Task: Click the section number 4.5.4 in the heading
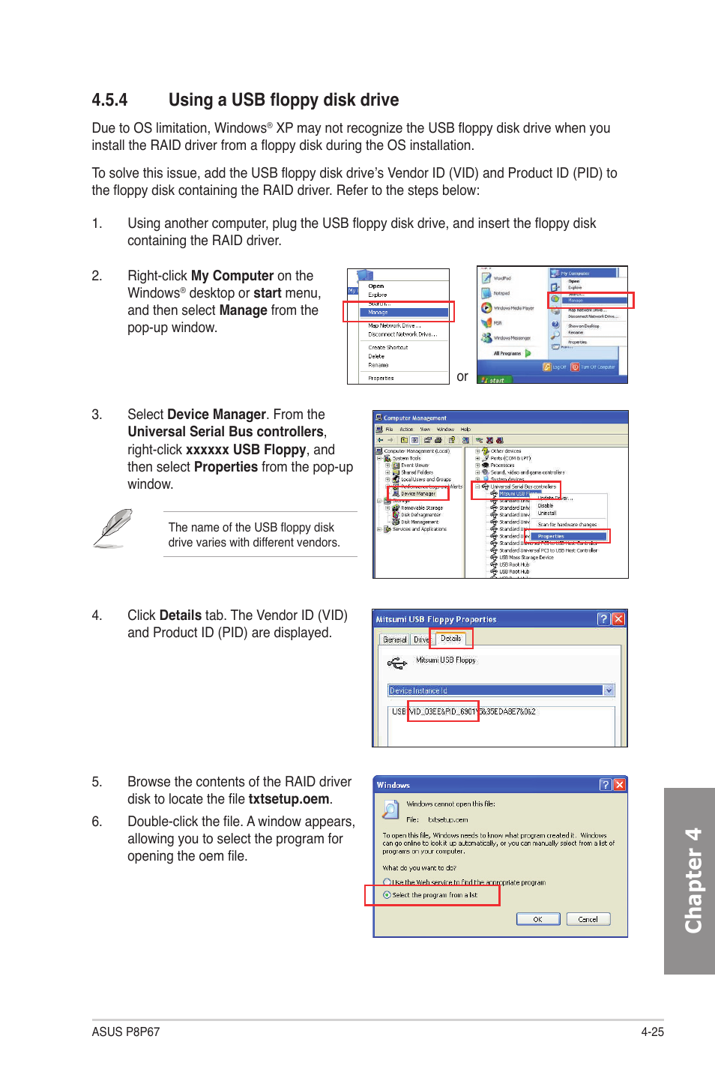(109, 100)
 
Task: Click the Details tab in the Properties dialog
(450, 639)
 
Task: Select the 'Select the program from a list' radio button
(387, 895)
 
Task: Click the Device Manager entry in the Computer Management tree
(417, 493)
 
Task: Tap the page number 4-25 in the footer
(652, 1032)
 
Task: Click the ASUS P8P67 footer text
(125, 1032)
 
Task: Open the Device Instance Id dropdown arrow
(609, 690)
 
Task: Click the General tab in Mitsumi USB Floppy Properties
(394, 639)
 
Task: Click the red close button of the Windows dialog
(619, 784)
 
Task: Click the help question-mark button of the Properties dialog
(603, 619)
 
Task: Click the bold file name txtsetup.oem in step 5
(289, 799)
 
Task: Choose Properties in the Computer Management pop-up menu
(551, 536)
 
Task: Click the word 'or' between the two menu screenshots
(462, 376)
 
